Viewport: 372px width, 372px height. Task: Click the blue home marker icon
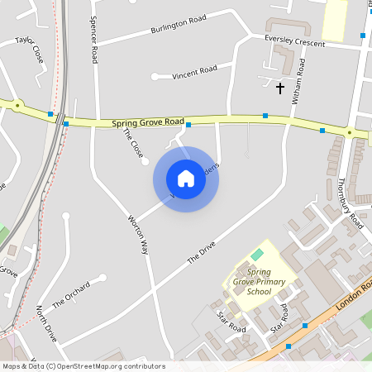pos(186,179)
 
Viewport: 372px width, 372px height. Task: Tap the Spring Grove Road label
pos(148,122)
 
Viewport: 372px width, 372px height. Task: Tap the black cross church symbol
pos(279,87)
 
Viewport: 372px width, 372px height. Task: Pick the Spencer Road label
pos(94,41)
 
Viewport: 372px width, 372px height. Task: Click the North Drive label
pos(46,323)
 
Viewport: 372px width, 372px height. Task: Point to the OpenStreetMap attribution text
pos(83,366)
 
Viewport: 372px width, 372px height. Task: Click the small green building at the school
pos(257,254)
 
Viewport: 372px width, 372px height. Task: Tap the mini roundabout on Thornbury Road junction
pos(350,132)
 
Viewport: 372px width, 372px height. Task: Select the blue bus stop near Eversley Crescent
pos(362,35)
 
